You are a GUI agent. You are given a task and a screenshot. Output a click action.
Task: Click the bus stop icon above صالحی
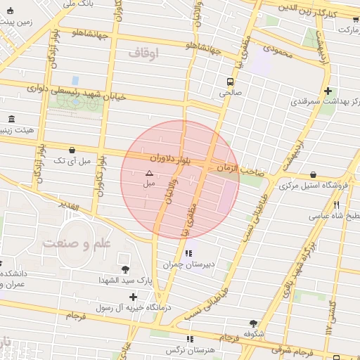coord(231,82)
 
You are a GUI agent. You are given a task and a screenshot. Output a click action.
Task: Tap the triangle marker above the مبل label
coord(148,172)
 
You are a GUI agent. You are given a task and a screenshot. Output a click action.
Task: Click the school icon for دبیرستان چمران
coord(188,253)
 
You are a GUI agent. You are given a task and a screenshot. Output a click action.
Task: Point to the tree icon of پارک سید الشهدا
coord(125,269)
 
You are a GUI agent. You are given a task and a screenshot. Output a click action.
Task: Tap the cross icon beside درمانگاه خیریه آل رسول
coord(133,296)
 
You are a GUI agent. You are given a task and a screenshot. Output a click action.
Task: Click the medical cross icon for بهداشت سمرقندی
coord(328,91)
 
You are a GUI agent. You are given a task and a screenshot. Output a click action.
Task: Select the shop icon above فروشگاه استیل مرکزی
coord(312,174)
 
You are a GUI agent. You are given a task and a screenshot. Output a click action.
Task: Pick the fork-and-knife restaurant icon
coord(336,205)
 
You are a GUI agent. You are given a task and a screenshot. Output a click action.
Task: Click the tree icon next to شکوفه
coord(253,323)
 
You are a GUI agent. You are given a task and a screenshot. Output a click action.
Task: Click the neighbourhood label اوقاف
coord(144,53)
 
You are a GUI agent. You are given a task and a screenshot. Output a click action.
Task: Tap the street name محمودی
coord(277,49)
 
